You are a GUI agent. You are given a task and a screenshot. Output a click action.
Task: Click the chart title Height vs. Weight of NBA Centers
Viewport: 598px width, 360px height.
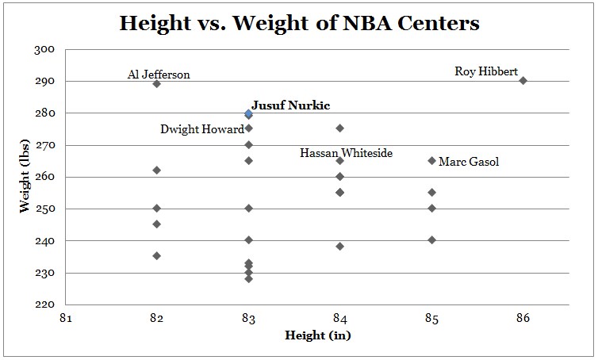(x=299, y=23)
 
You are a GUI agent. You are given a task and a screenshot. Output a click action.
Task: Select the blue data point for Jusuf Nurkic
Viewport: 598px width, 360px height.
(x=248, y=113)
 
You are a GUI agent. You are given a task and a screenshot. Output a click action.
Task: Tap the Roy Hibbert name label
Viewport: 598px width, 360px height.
(x=486, y=71)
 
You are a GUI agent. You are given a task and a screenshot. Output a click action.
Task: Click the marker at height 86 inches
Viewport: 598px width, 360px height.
(x=523, y=80)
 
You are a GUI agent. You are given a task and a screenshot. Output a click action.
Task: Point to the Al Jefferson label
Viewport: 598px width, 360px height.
(x=159, y=75)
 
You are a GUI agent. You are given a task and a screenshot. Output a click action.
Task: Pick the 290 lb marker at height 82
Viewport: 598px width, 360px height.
(x=156, y=83)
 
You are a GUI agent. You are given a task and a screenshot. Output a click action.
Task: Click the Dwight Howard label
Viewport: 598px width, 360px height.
(x=202, y=129)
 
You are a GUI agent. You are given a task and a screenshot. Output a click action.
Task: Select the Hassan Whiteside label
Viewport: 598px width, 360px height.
(x=346, y=153)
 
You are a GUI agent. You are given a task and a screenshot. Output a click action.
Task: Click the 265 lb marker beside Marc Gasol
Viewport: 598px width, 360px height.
(x=431, y=160)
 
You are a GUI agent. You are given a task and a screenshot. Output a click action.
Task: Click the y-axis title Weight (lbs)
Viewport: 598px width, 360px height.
(x=25, y=175)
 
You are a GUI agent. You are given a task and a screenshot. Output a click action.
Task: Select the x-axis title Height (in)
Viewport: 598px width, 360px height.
(x=317, y=335)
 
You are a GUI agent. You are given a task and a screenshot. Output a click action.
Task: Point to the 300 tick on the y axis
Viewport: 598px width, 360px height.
(x=45, y=49)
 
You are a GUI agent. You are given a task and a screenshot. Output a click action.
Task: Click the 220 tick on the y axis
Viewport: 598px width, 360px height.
(x=45, y=304)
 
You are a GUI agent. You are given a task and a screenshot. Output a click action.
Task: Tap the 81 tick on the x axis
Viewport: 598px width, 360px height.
(x=65, y=319)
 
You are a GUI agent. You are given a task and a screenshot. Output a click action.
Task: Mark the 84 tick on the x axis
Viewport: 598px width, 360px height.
(x=339, y=319)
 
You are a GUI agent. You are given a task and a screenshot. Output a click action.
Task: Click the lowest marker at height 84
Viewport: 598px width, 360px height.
(x=339, y=246)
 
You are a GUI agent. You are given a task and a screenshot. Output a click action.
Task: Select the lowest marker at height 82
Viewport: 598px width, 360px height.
(x=156, y=255)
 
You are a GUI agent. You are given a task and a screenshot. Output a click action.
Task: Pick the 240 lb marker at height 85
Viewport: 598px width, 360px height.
(x=431, y=239)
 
